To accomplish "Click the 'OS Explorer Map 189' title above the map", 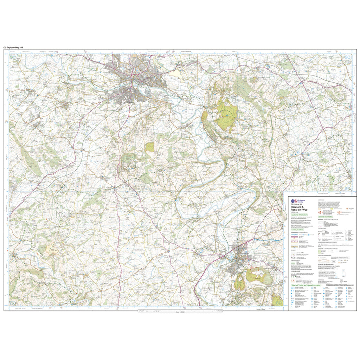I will pyautogui.click(x=13, y=47).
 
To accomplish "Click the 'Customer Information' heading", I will pyautogui.click(x=299, y=215).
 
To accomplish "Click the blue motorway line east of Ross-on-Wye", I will pyautogui.click(x=271, y=239).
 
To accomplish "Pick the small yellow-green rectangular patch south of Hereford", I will pyautogui.click(x=150, y=147).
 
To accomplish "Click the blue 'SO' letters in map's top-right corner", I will pyautogui.click(x=346, y=57).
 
